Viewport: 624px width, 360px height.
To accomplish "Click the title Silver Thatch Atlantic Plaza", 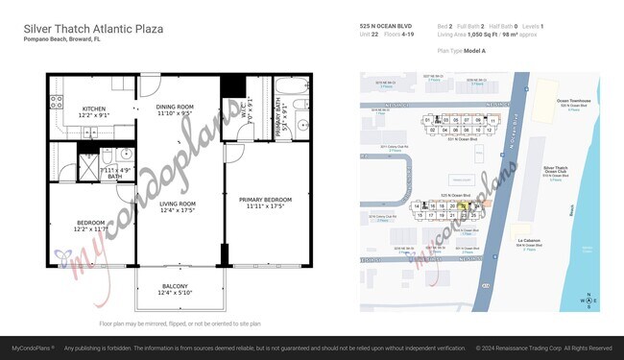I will [x=92, y=30].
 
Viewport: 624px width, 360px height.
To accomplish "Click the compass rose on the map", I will [x=587, y=301].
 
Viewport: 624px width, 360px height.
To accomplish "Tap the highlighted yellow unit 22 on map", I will [x=464, y=205].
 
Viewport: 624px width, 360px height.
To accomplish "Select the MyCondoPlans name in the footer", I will [x=32, y=348].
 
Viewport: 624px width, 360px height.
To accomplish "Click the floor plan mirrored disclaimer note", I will [x=180, y=324].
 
